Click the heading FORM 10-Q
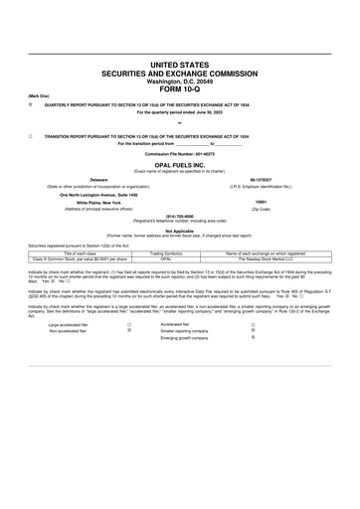[179, 87]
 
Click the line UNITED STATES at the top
[179, 64]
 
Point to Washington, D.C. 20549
[179, 80]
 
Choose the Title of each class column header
[78, 254]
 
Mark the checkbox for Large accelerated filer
[129, 324]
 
